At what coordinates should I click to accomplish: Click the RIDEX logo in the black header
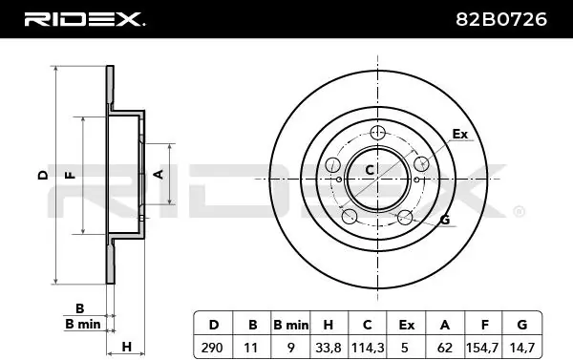[84, 19]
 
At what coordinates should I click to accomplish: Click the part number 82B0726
[501, 19]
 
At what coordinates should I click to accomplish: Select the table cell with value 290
[212, 348]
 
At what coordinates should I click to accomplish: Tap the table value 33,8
[329, 348]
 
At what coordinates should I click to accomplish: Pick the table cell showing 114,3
[368, 348]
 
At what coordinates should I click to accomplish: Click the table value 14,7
[522, 348]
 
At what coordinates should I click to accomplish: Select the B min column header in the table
[291, 325]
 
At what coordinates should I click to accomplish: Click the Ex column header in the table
[407, 325]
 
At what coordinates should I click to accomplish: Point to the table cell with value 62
[445, 348]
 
